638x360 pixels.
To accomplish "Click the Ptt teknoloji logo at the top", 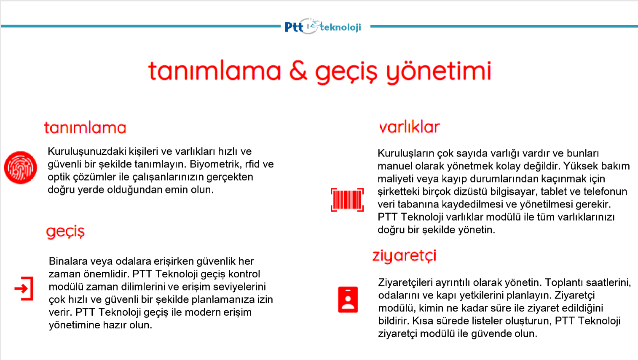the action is click(x=323, y=27).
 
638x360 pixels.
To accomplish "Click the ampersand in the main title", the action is click(x=298, y=71).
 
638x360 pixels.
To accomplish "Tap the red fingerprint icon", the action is click(x=21, y=167).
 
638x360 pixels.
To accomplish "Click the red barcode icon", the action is click(x=347, y=200).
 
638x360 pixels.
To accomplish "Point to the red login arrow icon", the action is click(x=24, y=288).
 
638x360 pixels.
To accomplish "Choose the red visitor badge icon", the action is click(x=348, y=300).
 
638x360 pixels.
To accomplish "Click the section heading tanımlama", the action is click(x=85, y=128).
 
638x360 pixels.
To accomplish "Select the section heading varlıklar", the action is click(x=409, y=127).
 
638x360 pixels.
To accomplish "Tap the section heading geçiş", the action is click(x=65, y=231).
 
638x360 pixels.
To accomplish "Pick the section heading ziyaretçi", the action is click(x=404, y=256).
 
